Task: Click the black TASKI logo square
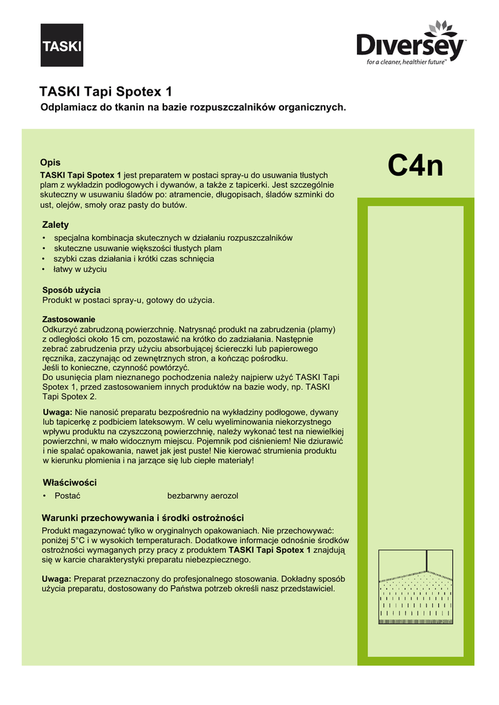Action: coord(62,45)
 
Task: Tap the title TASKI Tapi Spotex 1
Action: coord(105,92)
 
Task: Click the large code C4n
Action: coord(415,166)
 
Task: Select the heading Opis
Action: coord(50,162)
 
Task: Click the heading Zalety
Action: coord(56,225)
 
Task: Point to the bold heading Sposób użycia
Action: coord(72,290)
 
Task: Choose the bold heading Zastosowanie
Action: coord(69,319)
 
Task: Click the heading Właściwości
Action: coord(69,482)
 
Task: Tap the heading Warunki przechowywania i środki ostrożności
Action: coord(143,518)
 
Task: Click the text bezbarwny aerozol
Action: coord(203,496)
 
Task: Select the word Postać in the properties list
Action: coord(68,496)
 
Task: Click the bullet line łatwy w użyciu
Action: coord(80,269)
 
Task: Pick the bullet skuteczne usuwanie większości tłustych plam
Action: coord(138,248)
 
